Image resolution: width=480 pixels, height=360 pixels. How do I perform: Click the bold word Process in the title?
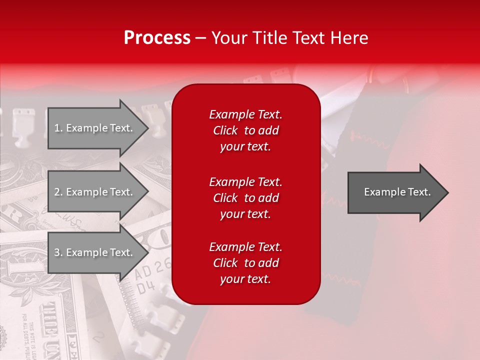157,38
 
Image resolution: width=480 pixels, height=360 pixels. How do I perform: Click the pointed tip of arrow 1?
147,128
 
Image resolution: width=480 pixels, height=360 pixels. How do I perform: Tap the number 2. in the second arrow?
58,192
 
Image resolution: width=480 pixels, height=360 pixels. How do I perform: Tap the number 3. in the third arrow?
58,252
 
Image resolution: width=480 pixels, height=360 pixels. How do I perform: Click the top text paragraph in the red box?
245,130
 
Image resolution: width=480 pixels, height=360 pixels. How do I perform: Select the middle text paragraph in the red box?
245,198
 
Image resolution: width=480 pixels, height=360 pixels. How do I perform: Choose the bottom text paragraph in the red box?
245,263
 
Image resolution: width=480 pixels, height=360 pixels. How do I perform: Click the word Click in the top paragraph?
225,130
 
